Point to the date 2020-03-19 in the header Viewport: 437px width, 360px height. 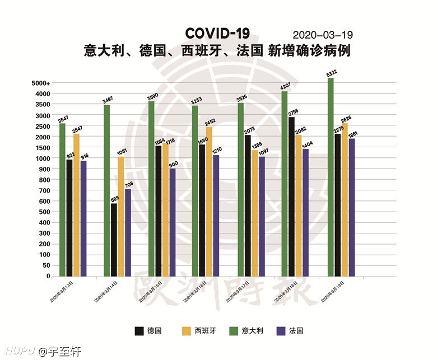tap(323, 35)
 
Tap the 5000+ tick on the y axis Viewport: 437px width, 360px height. tap(41, 83)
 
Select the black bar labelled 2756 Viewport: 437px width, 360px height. tap(291, 197)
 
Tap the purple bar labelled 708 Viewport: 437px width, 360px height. tap(128, 232)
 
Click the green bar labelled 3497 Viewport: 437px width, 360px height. tap(106, 190)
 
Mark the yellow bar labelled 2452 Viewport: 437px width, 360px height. tap(210, 202)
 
